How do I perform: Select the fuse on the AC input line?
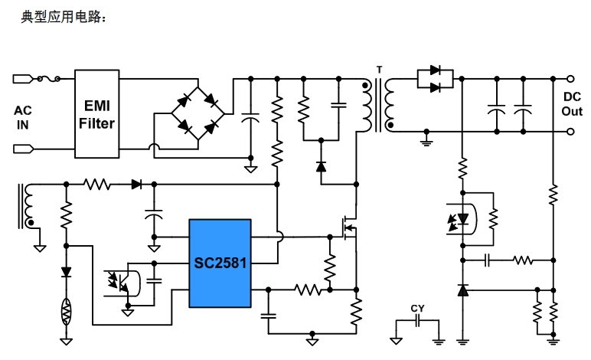[x=50, y=78]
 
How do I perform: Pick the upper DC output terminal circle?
[x=570, y=78]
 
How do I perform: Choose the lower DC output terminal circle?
[x=570, y=131]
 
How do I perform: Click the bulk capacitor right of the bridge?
[x=250, y=119]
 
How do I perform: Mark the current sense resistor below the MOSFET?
[x=356, y=312]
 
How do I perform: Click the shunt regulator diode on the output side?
[x=462, y=290]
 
